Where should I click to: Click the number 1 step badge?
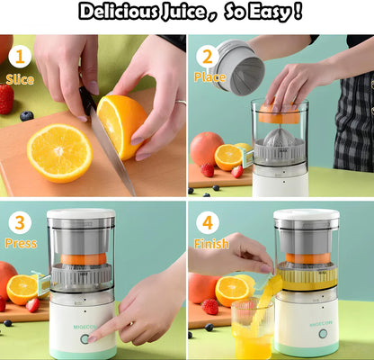(19, 58)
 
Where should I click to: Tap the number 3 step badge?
(19, 222)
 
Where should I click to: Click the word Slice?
(19, 79)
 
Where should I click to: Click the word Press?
(20, 244)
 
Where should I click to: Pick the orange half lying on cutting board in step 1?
(58, 152)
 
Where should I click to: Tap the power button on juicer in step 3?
(85, 339)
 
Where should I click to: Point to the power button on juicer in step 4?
(321, 333)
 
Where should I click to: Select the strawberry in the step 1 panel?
(6, 99)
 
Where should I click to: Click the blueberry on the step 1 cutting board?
(26, 116)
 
